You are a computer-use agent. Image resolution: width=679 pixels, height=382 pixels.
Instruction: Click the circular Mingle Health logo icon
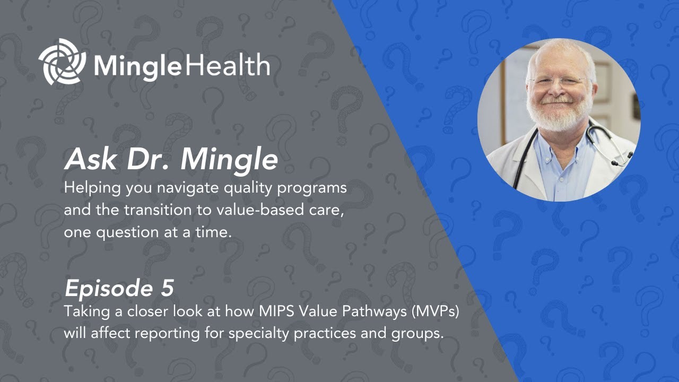point(62,62)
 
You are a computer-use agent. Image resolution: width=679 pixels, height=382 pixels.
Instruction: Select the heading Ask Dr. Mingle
point(171,159)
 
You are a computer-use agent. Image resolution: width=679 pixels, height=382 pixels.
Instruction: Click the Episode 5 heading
point(119,288)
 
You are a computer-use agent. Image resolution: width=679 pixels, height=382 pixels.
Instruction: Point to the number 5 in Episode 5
point(166,288)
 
